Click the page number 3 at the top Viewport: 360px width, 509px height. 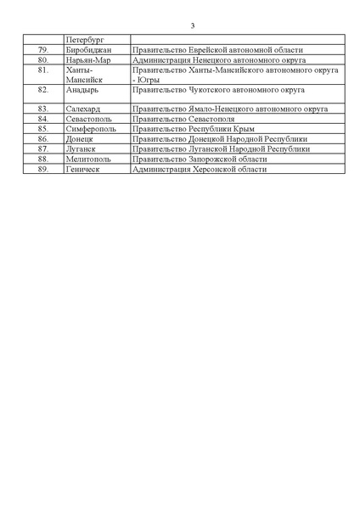pyautogui.click(x=180, y=25)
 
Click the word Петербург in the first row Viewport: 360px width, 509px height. pyautogui.click(x=83, y=40)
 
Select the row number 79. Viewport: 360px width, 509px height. pyautogui.click(x=43, y=50)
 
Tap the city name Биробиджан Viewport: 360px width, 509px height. pyautogui.click(x=87, y=50)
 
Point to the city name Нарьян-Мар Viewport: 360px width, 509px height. pyautogui.click(x=88, y=60)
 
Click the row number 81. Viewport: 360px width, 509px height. pyautogui.click(x=43, y=70)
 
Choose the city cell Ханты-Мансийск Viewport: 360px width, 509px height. pyautogui.click(x=84, y=75)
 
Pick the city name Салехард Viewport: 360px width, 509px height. pyautogui.click(x=83, y=109)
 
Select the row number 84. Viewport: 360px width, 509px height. pyautogui.click(x=43, y=119)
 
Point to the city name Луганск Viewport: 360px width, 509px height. pyautogui.click(x=81, y=148)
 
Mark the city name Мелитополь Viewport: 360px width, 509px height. pyautogui.click(x=89, y=159)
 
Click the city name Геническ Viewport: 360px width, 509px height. pyautogui.click(x=83, y=169)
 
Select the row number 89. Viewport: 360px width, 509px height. pyautogui.click(x=43, y=169)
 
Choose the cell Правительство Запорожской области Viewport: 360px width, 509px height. pyautogui.click(x=196, y=159)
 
